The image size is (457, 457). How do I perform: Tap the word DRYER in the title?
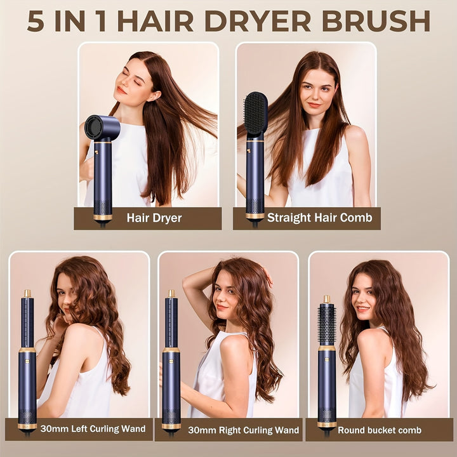point(258,21)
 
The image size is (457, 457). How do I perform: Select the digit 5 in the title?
point(36,22)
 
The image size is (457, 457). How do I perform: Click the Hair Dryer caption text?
point(154,218)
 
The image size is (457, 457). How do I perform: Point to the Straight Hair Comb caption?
point(319,218)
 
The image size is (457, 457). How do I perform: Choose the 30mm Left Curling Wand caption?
point(93,428)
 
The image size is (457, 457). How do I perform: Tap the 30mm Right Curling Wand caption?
point(243,430)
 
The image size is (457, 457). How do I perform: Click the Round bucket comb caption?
point(380,430)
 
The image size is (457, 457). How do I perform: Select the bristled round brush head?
point(327,324)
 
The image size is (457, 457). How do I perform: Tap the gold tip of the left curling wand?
point(27,293)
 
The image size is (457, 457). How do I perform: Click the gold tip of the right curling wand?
point(171,293)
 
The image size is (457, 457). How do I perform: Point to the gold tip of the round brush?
point(327,300)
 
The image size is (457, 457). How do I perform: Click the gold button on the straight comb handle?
point(249,151)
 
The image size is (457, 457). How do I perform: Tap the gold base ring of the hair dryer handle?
point(103,217)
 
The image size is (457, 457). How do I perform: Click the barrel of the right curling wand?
point(171,322)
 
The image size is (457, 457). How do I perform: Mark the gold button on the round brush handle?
point(327,361)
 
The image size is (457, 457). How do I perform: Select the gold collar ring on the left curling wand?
point(27,350)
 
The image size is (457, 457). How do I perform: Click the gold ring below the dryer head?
point(102,142)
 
